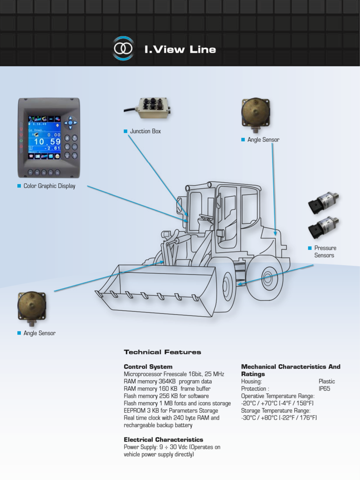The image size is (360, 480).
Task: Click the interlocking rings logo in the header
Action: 123,48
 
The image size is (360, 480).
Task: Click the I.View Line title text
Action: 180,49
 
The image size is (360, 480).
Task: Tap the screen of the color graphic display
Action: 44,138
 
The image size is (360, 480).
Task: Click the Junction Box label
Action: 145,131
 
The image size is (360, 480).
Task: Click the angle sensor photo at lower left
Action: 32,306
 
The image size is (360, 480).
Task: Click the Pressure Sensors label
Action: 325,251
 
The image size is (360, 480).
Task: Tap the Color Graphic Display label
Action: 49,186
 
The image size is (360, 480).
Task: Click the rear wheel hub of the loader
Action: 267,278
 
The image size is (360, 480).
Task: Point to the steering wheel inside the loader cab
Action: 206,217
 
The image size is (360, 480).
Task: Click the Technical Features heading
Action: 162,352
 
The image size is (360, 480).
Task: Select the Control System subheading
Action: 148,367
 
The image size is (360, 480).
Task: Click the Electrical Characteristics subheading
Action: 163,440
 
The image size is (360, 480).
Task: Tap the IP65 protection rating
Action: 324,389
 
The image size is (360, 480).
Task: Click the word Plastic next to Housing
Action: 327,381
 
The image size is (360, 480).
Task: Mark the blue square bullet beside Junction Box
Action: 125,131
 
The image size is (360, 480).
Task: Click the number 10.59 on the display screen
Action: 47,142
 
